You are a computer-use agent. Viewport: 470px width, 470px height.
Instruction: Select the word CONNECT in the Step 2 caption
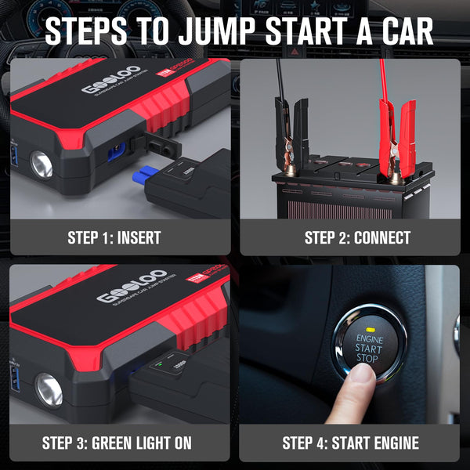coord(382,238)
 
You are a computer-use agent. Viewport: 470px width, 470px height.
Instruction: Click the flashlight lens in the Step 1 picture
coord(41,165)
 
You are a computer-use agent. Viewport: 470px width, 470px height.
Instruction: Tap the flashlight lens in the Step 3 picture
coord(48,389)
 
